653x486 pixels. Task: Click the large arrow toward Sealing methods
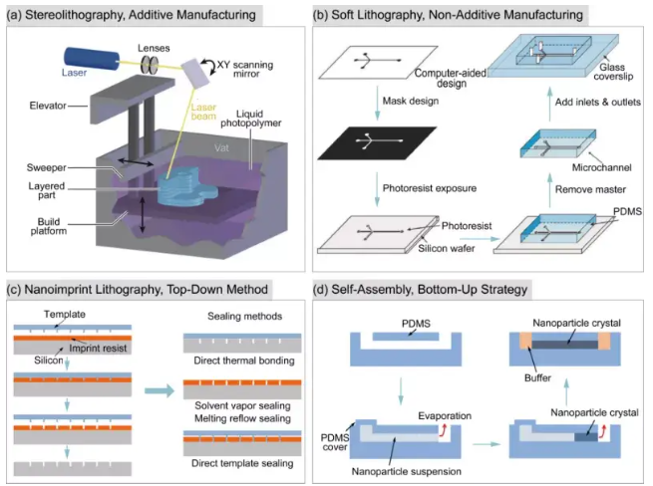pyautogui.click(x=159, y=391)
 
